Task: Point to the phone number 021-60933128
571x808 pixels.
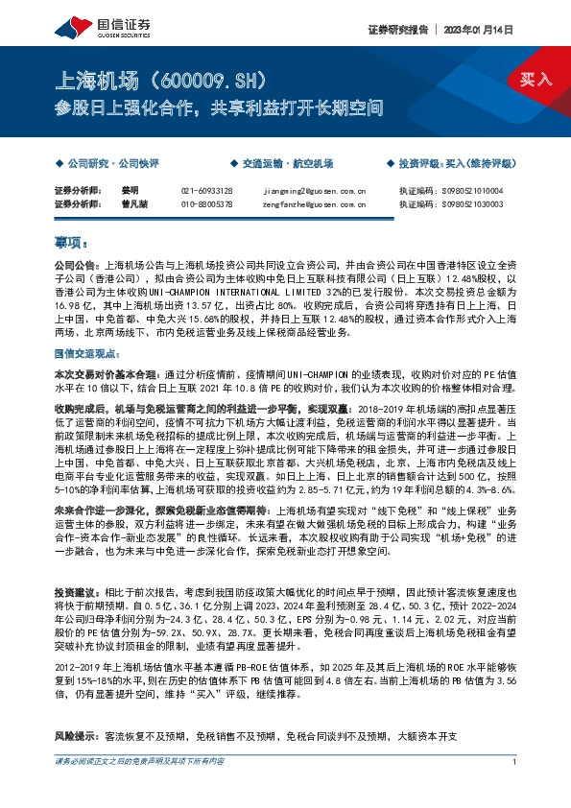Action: point(206,191)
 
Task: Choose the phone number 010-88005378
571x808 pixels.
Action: point(206,203)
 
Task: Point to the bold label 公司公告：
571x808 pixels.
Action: point(77,263)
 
